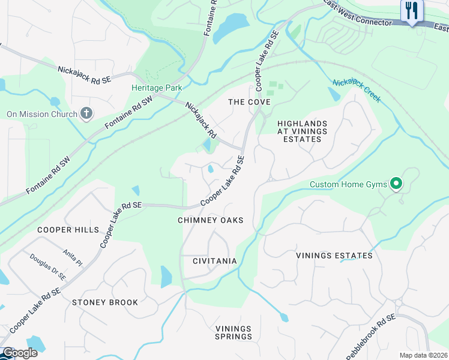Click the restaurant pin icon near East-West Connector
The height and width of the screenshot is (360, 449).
(412, 11)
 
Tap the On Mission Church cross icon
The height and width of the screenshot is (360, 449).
(86, 113)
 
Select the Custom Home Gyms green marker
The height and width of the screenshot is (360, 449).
(396, 184)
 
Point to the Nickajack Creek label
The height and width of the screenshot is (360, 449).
(357, 90)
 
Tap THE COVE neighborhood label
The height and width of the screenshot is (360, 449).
(249, 102)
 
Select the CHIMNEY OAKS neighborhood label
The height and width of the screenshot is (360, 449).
(211, 220)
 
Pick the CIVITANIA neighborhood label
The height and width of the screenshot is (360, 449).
(214, 261)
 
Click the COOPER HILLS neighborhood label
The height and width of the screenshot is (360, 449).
(68, 230)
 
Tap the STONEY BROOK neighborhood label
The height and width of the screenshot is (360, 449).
(105, 302)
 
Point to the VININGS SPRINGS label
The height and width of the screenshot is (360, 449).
(234, 332)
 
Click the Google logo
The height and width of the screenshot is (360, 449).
(19, 353)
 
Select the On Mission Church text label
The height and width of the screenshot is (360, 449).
(42, 114)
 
